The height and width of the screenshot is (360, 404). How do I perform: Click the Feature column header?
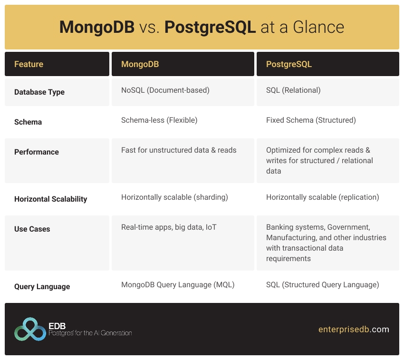(29, 64)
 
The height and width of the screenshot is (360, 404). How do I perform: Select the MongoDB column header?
(140, 64)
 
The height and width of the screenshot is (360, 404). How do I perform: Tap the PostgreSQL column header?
(289, 64)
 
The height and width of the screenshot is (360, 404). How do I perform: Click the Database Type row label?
(39, 92)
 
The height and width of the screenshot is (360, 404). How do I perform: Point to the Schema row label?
(28, 122)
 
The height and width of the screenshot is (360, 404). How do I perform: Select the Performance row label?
(37, 152)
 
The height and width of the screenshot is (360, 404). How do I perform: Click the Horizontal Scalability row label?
(51, 199)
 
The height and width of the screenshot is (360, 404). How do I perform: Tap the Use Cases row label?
(33, 229)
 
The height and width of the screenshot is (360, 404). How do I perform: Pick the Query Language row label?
(42, 287)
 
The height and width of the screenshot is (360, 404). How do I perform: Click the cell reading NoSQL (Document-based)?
(165, 90)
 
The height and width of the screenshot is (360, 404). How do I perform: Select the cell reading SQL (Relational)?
(293, 90)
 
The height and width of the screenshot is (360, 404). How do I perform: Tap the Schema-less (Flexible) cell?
(159, 120)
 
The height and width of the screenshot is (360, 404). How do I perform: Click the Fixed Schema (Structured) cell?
(311, 120)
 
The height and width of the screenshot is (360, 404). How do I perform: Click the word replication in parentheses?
(357, 197)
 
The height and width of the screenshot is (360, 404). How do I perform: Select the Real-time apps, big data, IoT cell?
(169, 227)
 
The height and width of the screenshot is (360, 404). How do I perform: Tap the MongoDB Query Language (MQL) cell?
(178, 285)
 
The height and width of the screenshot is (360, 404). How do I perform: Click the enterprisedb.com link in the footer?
(354, 329)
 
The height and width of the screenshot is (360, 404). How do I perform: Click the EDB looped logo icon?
(30, 329)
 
